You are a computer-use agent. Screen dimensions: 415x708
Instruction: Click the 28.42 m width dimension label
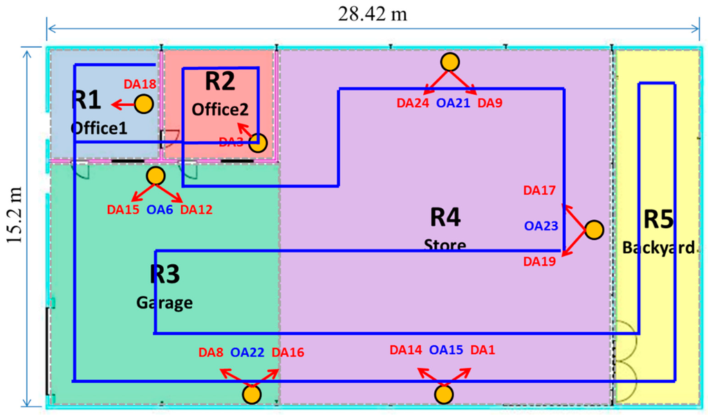click(x=371, y=12)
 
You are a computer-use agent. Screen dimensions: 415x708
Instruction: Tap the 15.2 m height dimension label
click(x=12, y=227)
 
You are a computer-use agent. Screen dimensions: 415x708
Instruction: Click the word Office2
click(x=219, y=109)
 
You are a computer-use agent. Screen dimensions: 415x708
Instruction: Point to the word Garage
click(x=164, y=302)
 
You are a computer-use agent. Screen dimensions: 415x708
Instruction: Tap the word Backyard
click(x=658, y=248)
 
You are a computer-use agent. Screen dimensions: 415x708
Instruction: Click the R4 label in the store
click(x=445, y=217)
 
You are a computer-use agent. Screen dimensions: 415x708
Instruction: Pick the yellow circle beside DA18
click(x=143, y=104)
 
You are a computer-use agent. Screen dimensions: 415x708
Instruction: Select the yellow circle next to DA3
click(x=257, y=143)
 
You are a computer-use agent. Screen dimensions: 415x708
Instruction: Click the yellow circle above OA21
click(x=450, y=62)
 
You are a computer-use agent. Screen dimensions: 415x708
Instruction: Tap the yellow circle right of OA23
click(x=593, y=230)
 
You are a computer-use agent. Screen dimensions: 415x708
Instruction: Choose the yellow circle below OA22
click(x=252, y=395)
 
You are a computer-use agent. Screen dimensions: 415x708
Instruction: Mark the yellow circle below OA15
click(x=444, y=395)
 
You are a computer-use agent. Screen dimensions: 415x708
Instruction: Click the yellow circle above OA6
click(x=155, y=176)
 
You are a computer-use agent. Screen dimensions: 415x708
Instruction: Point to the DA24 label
click(x=412, y=104)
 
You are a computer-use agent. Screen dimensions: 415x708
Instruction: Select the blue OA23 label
click(x=541, y=225)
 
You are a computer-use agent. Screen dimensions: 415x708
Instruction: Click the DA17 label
click(x=540, y=190)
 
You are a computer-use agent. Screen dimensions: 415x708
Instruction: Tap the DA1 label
click(x=483, y=350)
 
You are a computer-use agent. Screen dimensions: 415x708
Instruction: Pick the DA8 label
click(x=210, y=353)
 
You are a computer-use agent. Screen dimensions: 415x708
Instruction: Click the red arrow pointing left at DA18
click(x=123, y=105)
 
